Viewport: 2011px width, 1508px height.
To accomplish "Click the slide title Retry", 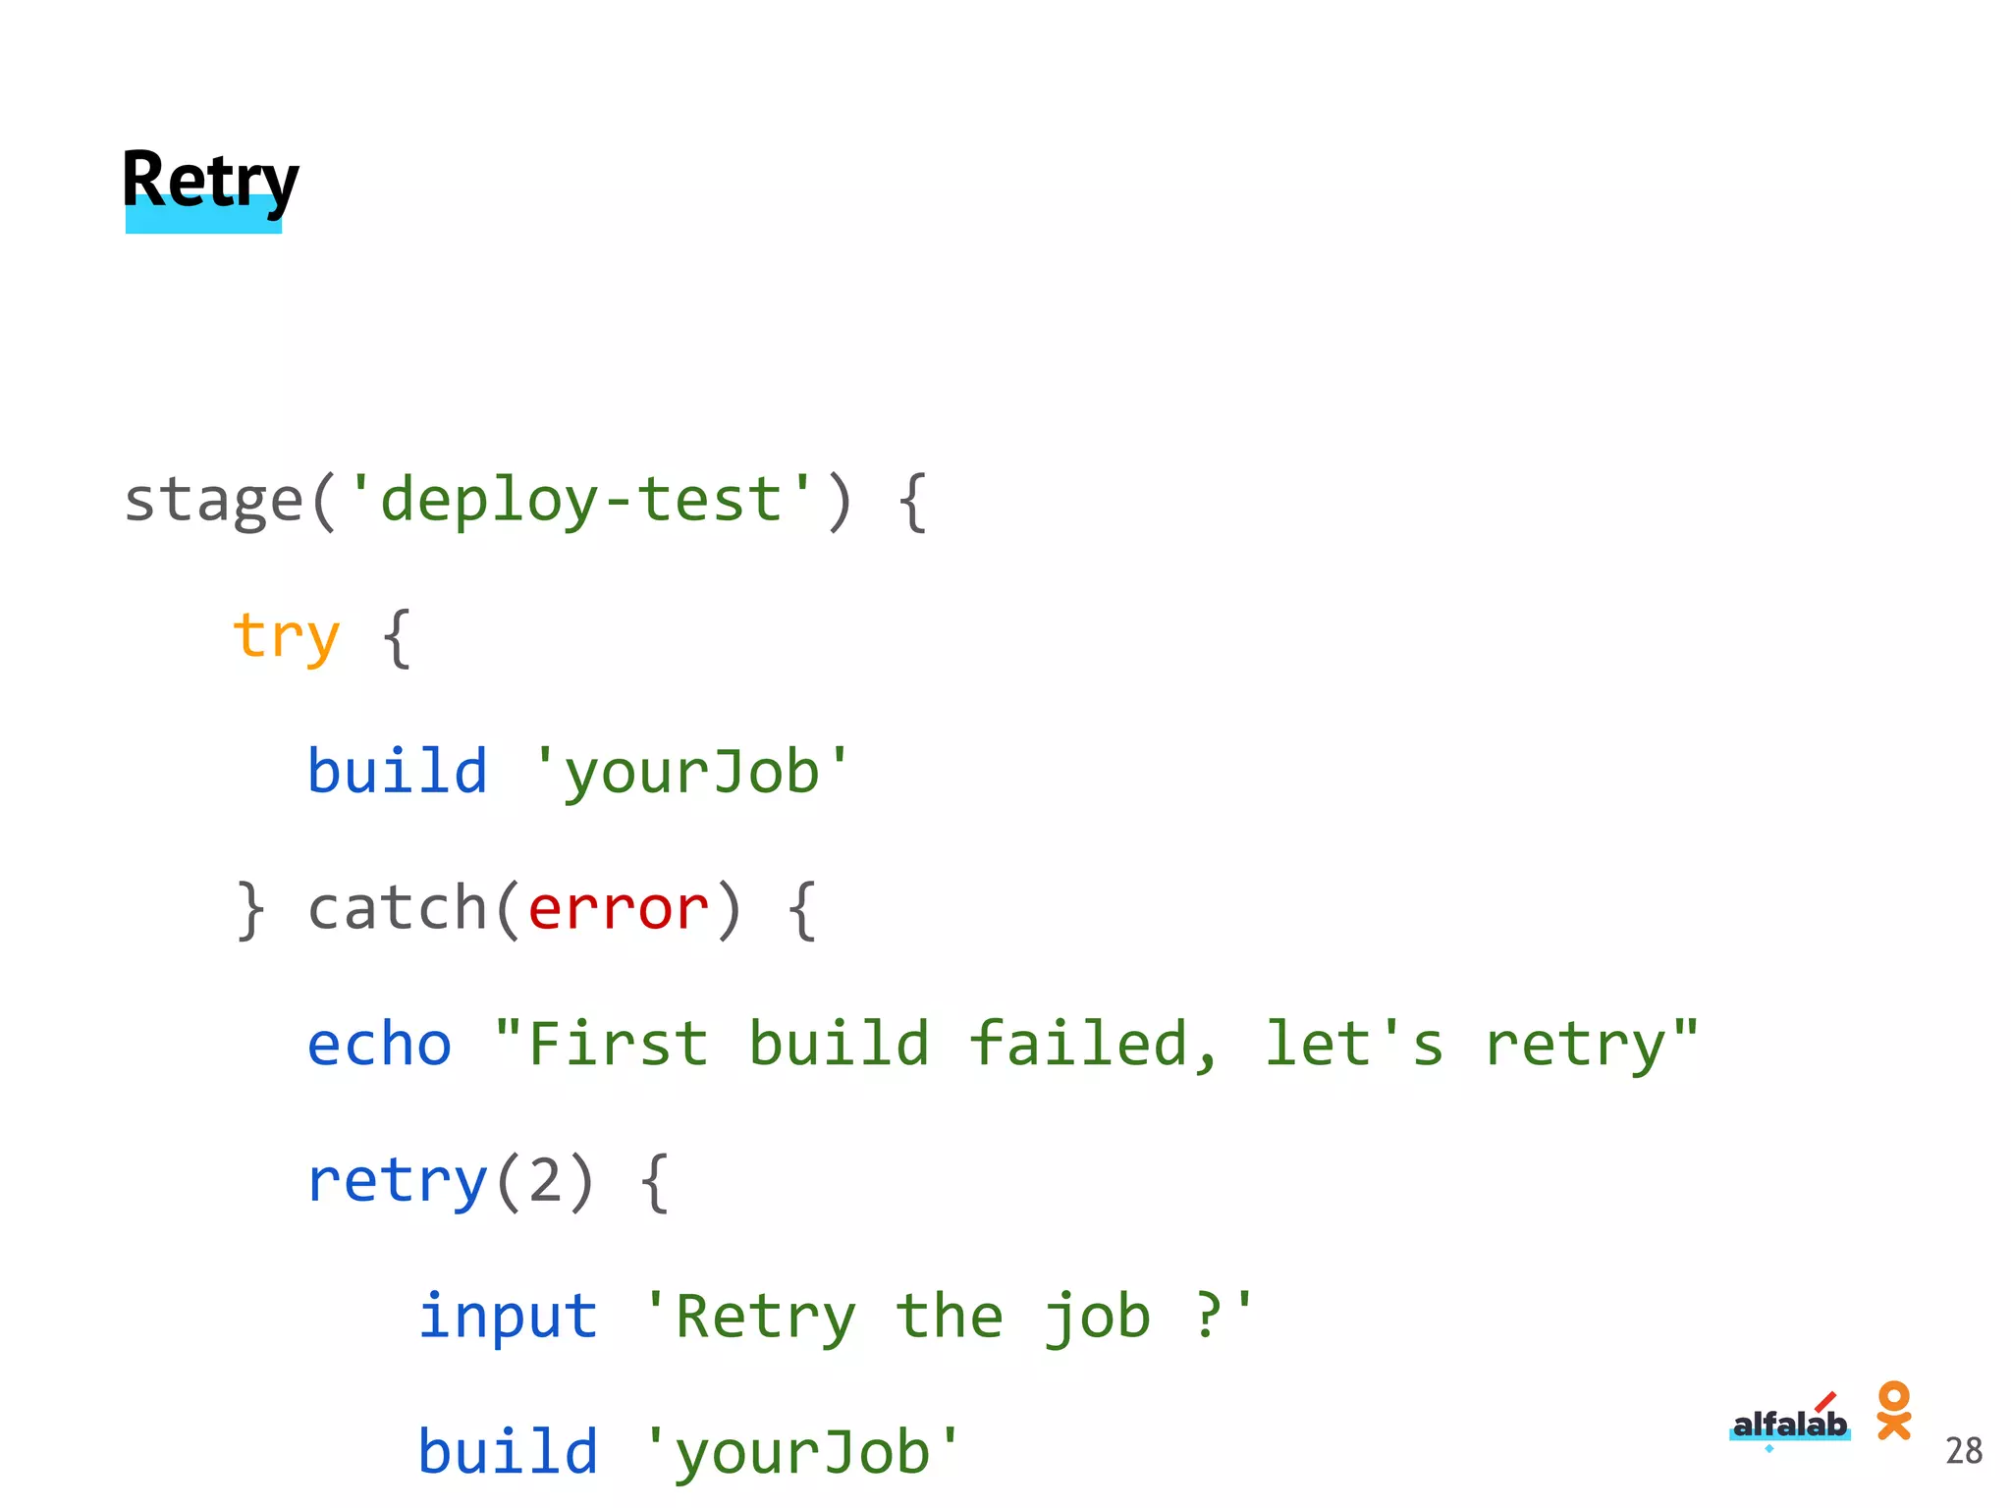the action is [x=209, y=183].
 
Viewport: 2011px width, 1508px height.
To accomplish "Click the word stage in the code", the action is [x=213, y=501].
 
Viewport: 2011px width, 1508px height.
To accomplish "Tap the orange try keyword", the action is [x=286, y=637].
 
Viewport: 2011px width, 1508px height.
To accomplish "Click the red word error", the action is [x=618, y=908].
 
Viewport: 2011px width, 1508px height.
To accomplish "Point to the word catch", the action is [x=397, y=908].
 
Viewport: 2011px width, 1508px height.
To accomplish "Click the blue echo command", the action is [x=379, y=1044].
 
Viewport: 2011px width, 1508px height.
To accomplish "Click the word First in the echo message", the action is [x=618, y=1044].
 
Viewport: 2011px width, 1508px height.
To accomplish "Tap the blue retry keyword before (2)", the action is [x=397, y=1180].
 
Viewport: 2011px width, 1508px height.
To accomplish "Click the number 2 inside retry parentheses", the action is [x=545, y=1180].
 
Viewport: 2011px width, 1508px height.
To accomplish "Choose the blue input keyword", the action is [x=508, y=1316].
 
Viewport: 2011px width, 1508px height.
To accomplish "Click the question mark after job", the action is [x=1208, y=1316].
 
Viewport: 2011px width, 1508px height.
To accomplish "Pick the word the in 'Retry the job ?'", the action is [x=950, y=1316].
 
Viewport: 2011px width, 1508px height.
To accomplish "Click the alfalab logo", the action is [x=1789, y=1423].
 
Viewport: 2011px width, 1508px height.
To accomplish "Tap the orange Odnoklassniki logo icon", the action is [x=1893, y=1410].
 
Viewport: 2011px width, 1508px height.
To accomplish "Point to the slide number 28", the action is [x=1963, y=1451].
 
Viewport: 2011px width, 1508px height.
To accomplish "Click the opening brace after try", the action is [x=397, y=637].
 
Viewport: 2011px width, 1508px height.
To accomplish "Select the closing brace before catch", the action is [x=250, y=908].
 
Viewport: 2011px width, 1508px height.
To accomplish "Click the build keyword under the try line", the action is [x=397, y=772].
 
